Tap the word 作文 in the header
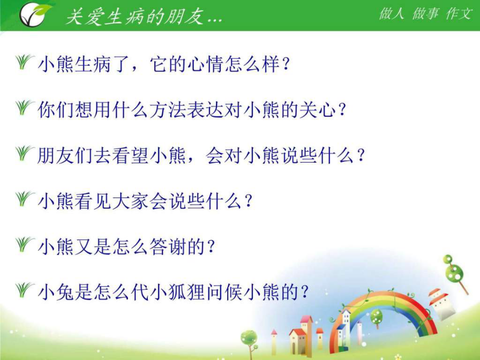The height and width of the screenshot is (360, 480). [459, 13]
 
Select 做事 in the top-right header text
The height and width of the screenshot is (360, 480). [425, 13]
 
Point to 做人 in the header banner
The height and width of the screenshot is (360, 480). [391, 13]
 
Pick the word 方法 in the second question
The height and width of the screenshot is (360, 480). [168, 109]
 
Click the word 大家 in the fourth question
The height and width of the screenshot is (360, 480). [131, 201]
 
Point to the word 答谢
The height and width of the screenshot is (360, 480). [168, 246]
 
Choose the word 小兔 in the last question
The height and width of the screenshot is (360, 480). [56, 292]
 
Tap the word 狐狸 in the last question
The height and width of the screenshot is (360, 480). [187, 292]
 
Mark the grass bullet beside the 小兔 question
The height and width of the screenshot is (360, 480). [24, 290]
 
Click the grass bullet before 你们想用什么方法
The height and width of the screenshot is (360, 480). [24, 107]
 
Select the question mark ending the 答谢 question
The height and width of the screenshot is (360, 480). [211, 247]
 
